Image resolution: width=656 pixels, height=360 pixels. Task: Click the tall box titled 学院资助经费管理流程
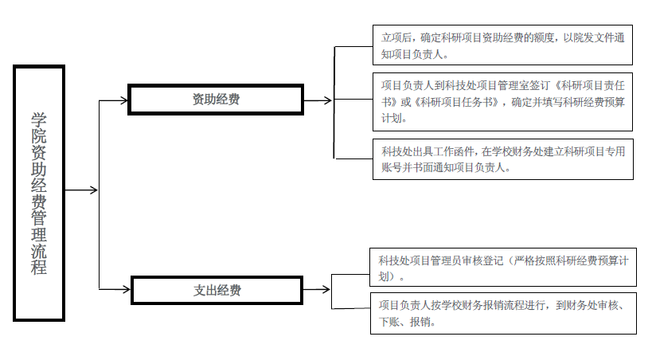(x=39, y=193)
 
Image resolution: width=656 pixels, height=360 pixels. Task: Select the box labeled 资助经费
(x=216, y=100)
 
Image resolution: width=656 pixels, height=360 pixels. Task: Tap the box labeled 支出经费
(x=217, y=290)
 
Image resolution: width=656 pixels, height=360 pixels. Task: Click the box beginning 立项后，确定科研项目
(x=502, y=45)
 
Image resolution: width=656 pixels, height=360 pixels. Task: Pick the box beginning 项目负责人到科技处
(x=502, y=102)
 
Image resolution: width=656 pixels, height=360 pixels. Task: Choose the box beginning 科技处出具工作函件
(x=503, y=159)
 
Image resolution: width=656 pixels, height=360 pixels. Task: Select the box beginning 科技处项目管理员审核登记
(x=503, y=267)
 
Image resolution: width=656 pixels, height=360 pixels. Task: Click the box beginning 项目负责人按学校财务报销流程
(x=503, y=313)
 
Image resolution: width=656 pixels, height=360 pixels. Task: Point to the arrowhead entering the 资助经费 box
(x=124, y=100)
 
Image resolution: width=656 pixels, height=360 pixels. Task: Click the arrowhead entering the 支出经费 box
(x=127, y=289)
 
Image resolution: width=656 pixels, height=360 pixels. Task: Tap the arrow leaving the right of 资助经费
(x=318, y=100)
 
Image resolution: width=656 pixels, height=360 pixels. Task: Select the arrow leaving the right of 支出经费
(x=316, y=289)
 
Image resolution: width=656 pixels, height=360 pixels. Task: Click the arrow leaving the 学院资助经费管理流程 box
(x=81, y=190)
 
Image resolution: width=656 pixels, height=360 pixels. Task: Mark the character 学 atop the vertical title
(x=39, y=119)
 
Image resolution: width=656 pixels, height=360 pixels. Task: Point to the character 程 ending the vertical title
(x=39, y=267)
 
